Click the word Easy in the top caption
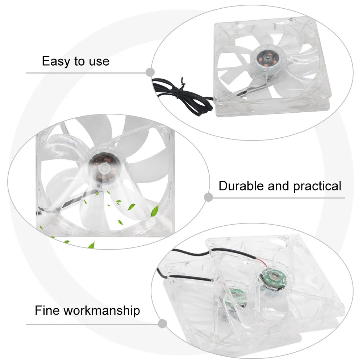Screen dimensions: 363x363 click(x=56, y=62)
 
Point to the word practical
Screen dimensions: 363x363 click(x=317, y=186)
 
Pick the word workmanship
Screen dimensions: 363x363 click(x=102, y=311)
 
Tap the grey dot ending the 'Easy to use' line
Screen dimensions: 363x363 click(x=150, y=72)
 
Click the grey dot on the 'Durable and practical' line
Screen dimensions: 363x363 click(x=208, y=197)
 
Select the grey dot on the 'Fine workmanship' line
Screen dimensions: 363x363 click(x=162, y=324)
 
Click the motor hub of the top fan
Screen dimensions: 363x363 click(x=267, y=59)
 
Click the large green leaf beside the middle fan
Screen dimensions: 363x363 click(x=155, y=211)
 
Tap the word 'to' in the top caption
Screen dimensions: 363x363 click(x=79, y=62)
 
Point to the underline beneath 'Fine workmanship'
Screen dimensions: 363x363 click(x=92, y=324)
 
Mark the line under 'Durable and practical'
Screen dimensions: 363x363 click(x=278, y=198)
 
